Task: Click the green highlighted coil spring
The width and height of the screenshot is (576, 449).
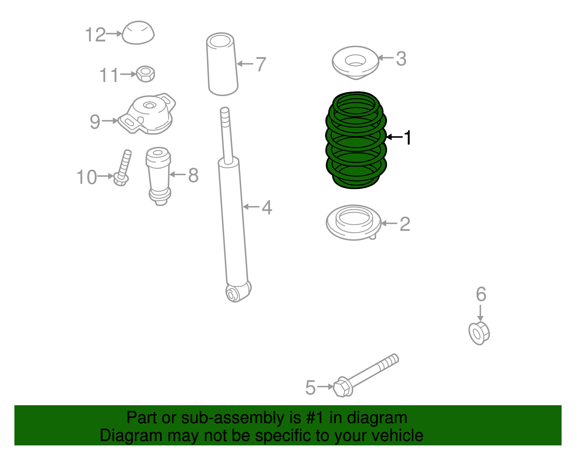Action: coord(356,140)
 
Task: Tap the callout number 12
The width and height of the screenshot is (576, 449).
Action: coord(95,35)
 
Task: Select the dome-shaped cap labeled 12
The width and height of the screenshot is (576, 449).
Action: coord(138,33)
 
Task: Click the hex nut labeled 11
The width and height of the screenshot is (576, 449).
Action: coord(146,74)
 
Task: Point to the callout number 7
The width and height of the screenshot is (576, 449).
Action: coord(261,64)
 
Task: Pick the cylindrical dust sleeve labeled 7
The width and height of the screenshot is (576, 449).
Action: coord(222,65)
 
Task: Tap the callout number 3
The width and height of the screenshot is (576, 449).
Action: coord(401,59)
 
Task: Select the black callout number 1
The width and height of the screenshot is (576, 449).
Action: coord(408,138)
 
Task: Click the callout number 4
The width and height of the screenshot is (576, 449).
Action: coord(267,207)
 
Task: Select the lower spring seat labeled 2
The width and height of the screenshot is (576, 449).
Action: coord(354,223)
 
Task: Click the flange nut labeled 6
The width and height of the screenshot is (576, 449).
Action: coord(479,333)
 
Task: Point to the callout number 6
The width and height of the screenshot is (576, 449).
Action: coord(481,294)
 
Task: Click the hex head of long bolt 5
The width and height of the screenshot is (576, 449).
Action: coord(342,388)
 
